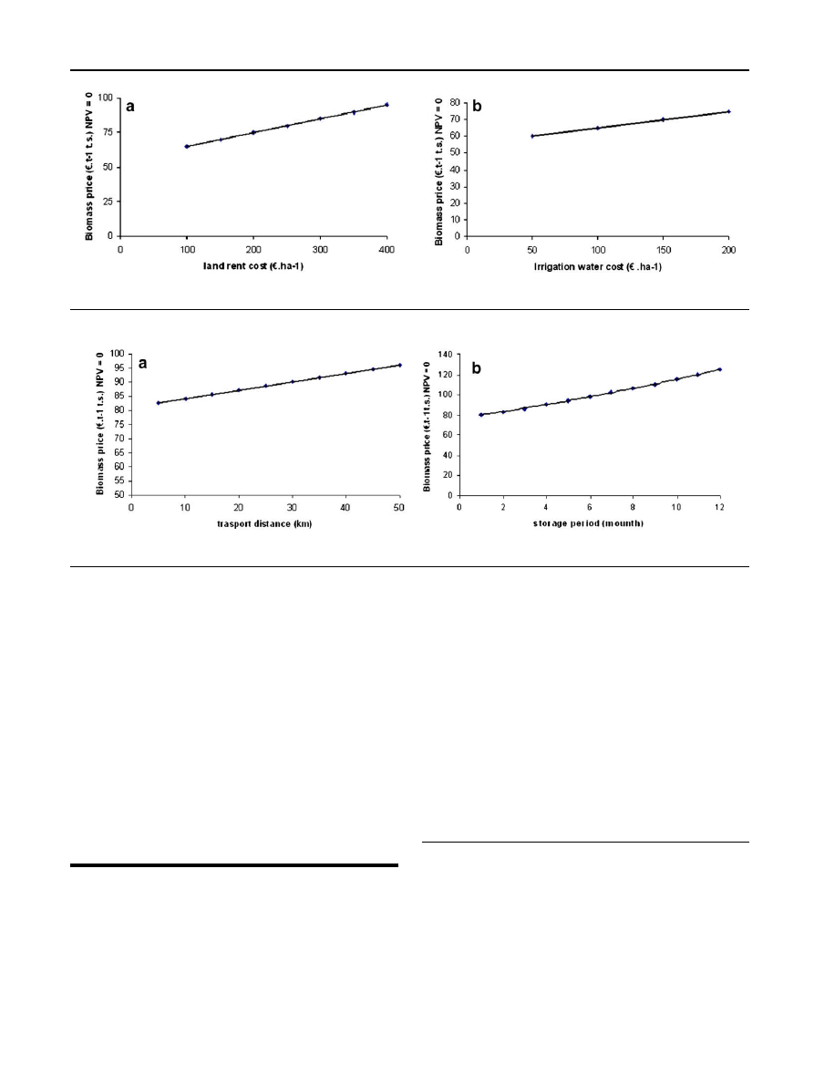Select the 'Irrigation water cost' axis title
click(x=599, y=265)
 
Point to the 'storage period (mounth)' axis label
click(x=589, y=524)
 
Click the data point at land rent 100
click(x=187, y=146)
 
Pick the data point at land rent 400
click(x=386, y=105)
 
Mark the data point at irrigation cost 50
click(x=532, y=136)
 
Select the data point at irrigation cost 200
click(x=728, y=111)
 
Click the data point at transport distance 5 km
click(x=159, y=403)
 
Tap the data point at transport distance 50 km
click(x=399, y=365)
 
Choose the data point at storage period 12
click(x=719, y=369)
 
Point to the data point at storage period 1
click(x=480, y=415)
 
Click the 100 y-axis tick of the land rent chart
click(x=105, y=98)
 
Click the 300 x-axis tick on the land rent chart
click(x=320, y=248)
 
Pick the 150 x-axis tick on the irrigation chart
click(x=663, y=248)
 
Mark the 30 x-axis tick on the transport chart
click(x=292, y=508)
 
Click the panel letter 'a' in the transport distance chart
click(x=143, y=365)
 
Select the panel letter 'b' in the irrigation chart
click(x=477, y=108)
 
